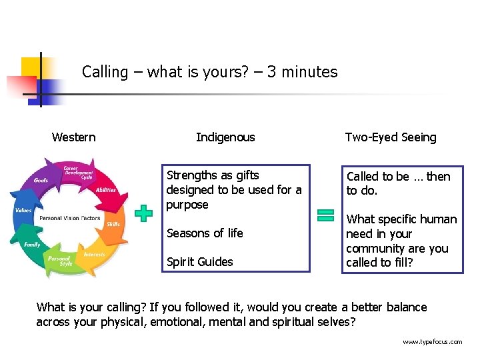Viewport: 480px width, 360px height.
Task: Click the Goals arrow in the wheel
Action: pos(42,181)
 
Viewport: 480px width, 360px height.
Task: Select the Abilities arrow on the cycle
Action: pos(105,189)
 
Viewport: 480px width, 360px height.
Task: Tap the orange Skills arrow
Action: pos(113,225)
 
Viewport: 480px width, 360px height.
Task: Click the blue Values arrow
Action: pos(23,211)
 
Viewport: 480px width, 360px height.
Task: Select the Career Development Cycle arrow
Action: pos(77,173)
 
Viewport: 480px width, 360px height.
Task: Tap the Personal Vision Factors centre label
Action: pos(70,218)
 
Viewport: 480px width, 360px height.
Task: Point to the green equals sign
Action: pos(325,215)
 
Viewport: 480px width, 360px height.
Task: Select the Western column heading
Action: pos(73,137)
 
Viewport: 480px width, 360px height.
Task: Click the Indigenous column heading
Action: pos(225,137)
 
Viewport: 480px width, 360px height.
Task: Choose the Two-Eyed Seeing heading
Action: pos(391,137)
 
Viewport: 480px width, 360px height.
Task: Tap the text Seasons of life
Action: pos(205,233)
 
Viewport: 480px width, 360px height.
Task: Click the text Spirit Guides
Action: pos(199,261)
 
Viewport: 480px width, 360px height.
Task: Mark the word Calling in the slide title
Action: pos(105,72)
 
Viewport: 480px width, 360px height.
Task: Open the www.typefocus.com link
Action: pos(432,342)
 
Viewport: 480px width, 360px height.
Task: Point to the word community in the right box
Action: pos(374,249)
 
